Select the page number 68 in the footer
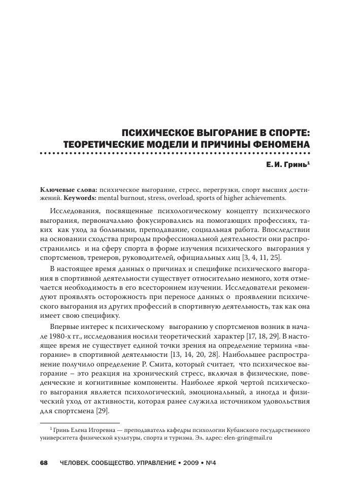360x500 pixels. click(44, 463)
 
